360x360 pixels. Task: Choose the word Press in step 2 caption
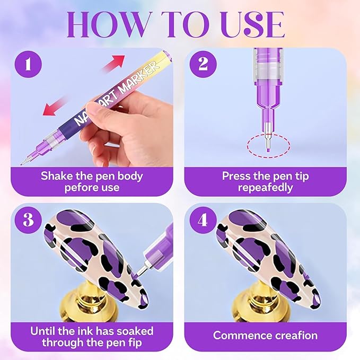tap(236, 176)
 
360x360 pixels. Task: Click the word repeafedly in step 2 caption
tap(266, 188)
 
